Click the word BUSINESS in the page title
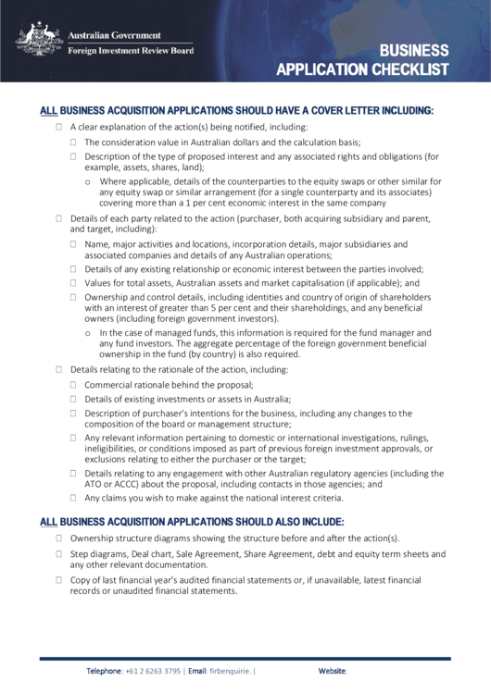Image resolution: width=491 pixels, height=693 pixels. pyautogui.click(x=413, y=51)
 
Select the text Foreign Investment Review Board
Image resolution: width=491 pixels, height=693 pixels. pyautogui.click(x=131, y=51)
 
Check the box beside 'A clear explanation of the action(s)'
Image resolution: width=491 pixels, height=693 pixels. pyautogui.click(x=59, y=127)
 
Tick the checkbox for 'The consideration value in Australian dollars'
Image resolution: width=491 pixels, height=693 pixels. pyautogui.click(x=74, y=142)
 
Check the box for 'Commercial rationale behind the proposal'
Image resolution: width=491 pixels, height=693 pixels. pyautogui.click(x=74, y=384)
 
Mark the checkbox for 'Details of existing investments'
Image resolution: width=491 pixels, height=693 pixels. pyautogui.click(x=74, y=399)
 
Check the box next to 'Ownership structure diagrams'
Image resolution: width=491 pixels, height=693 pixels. pyautogui.click(x=59, y=538)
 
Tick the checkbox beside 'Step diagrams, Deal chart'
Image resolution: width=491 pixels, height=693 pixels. pyautogui.click(x=59, y=553)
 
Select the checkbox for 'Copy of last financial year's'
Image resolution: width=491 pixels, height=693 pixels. pyautogui.click(x=59, y=579)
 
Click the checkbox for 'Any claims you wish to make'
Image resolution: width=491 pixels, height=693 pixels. pyautogui.click(x=74, y=497)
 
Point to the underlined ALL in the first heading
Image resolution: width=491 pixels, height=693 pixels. pyautogui.click(x=48, y=110)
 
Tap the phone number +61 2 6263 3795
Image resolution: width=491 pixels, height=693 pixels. pyautogui.click(x=154, y=671)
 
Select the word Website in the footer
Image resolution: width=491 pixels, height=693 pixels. pyautogui.click(x=332, y=671)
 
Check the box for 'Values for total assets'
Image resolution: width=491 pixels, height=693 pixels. pyautogui.click(x=74, y=283)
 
